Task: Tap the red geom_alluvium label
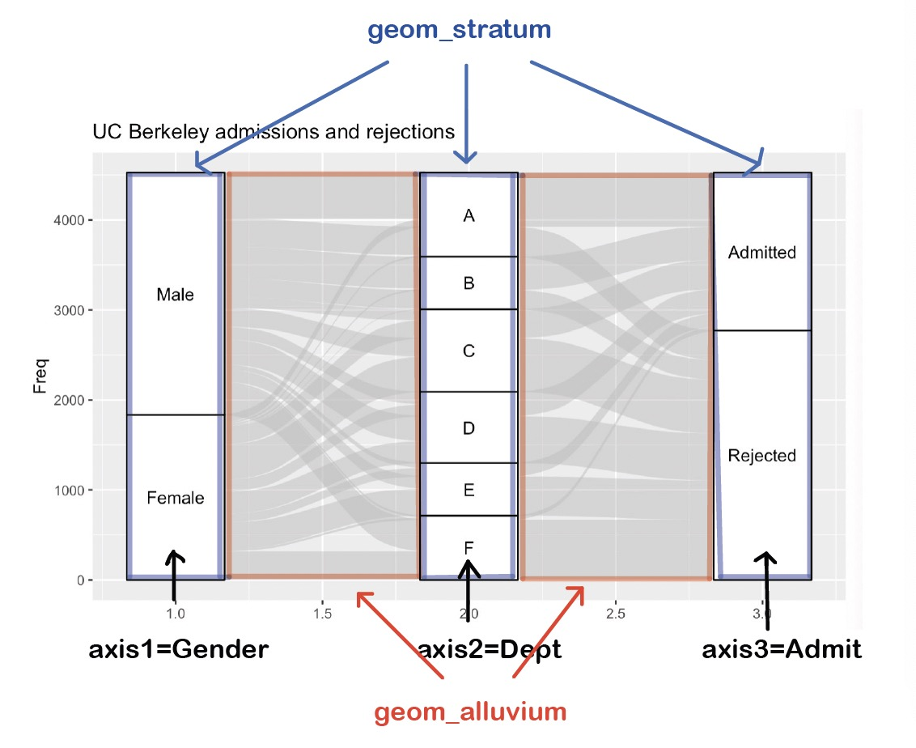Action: (x=470, y=712)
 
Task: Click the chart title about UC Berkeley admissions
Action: (x=274, y=132)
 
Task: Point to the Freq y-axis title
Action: (x=40, y=376)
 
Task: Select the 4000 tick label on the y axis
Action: (x=69, y=220)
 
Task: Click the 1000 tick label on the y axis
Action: (x=69, y=491)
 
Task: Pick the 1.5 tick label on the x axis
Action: (x=322, y=614)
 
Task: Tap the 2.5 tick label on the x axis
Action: (x=615, y=614)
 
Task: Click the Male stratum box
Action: (x=176, y=294)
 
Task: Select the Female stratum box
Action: (x=176, y=497)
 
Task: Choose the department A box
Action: (x=469, y=215)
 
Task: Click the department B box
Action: (x=469, y=283)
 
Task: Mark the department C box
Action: (x=469, y=351)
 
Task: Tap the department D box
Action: (x=469, y=427)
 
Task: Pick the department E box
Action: (x=469, y=490)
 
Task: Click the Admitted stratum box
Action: (x=762, y=252)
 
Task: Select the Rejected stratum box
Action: (x=762, y=455)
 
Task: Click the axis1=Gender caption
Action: (x=179, y=649)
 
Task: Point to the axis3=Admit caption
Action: (x=782, y=649)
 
